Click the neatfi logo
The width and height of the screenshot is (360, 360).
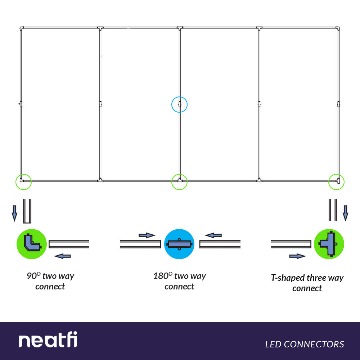pyautogui.click(x=48, y=340)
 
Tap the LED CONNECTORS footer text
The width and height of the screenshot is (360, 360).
pyautogui.click(x=305, y=344)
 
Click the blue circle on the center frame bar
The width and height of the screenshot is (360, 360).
pyautogui.click(x=179, y=104)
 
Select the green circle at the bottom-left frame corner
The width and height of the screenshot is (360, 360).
pyautogui.click(x=23, y=182)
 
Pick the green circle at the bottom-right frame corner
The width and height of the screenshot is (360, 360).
pyautogui.click(x=337, y=182)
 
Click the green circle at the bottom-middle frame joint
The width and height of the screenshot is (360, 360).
pyautogui.click(x=179, y=182)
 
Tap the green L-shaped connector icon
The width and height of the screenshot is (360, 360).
pyautogui.click(x=32, y=244)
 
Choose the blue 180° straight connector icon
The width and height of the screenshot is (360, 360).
pyautogui.click(x=179, y=244)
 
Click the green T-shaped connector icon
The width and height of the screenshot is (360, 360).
pyautogui.click(x=329, y=244)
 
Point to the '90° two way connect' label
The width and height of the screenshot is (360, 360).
pyautogui.click(x=50, y=281)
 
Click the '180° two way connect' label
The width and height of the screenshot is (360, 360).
pyautogui.click(x=179, y=281)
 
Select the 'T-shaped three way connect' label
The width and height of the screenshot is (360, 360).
pyautogui.click(x=307, y=283)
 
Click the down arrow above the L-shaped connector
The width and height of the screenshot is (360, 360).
pyautogui.click(x=14, y=213)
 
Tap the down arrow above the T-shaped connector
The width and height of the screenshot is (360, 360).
pyautogui.click(x=345, y=213)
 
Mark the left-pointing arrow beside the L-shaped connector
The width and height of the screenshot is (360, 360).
pyautogui.click(x=62, y=256)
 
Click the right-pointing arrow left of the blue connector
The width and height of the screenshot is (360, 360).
pyautogui.click(x=147, y=235)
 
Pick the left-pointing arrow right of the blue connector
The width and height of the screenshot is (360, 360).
pyautogui.click(x=213, y=235)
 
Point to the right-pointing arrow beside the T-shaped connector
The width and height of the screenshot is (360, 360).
pyautogui.click(x=297, y=256)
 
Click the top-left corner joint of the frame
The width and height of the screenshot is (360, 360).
pyautogui.click(x=22, y=28)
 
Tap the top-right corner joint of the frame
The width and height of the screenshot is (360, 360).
pyautogui.click(x=338, y=28)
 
